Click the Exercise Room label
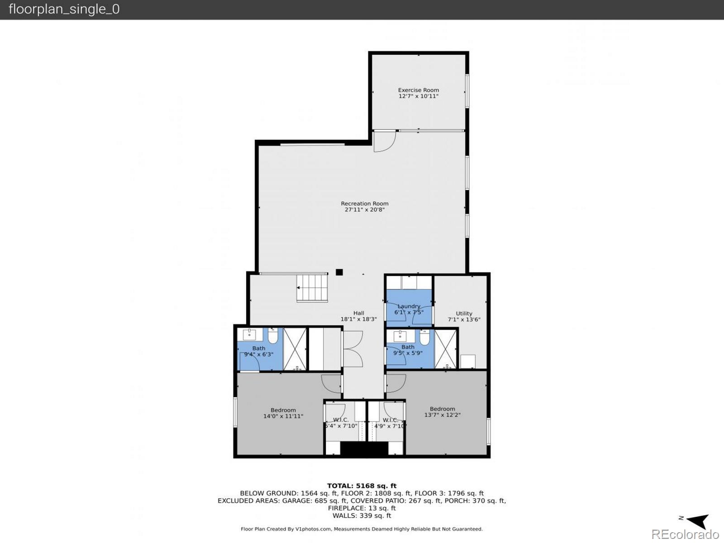(x=418, y=90)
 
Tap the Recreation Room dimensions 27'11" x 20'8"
(x=364, y=210)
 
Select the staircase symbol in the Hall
(x=312, y=288)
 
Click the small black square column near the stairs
(x=339, y=272)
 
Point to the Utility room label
(x=464, y=313)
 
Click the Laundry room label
(x=409, y=306)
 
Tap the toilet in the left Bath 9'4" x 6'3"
(x=273, y=336)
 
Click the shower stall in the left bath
(x=295, y=349)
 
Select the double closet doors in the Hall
(x=353, y=349)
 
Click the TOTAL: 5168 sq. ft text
(x=362, y=486)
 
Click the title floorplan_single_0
(x=64, y=9)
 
